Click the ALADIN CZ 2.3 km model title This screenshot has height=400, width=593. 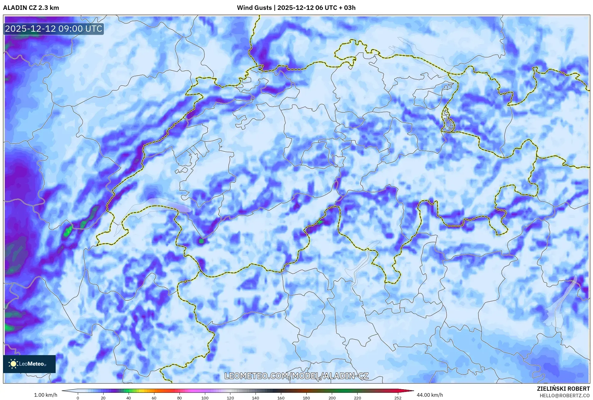tap(31, 8)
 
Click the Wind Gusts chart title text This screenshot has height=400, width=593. tap(296, 8)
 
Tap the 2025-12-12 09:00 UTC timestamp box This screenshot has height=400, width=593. tap(54, 29)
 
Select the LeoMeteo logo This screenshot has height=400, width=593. tap(29, 364)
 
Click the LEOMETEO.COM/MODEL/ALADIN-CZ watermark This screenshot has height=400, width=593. tap(296, 376)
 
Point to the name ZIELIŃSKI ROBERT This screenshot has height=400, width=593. tap(563, 389)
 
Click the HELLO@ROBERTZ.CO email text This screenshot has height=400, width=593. tap(565, 396)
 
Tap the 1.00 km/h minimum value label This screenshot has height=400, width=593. tap(45, 395)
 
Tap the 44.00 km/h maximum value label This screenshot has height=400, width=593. tap(430, 395)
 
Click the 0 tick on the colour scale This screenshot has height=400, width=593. tap(78, 398)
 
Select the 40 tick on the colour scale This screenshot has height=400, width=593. tap(129, 398)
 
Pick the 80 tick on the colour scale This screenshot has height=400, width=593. tap(180, 398)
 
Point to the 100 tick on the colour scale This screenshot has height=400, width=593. tap(205, 398)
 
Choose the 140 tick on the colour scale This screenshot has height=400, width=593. tap(256, 398)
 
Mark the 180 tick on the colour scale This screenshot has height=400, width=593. tap(306, 398)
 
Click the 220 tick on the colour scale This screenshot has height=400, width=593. tap(357, 398)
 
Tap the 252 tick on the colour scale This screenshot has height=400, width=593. tap(398, 398)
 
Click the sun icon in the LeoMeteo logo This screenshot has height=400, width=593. tap(13, 364)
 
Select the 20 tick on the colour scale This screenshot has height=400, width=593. tap(103, 398)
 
